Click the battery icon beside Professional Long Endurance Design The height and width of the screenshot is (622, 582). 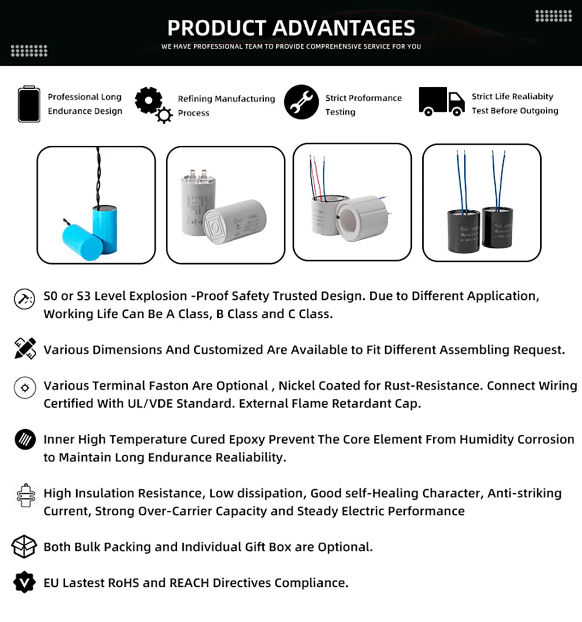pos(29,104)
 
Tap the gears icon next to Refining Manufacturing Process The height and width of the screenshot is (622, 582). pos(153,104)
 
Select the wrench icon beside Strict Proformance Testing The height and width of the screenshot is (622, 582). pos(301,102)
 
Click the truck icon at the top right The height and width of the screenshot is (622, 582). pos(441,102)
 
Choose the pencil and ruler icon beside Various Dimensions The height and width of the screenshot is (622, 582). pos(24,348)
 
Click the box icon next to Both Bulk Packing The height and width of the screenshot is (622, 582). pos(24,547)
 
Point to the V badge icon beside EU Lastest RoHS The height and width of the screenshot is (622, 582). pos(24,582)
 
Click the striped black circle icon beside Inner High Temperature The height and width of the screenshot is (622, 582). pos(24,439)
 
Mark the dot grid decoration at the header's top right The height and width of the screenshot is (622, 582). pos(553,16)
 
